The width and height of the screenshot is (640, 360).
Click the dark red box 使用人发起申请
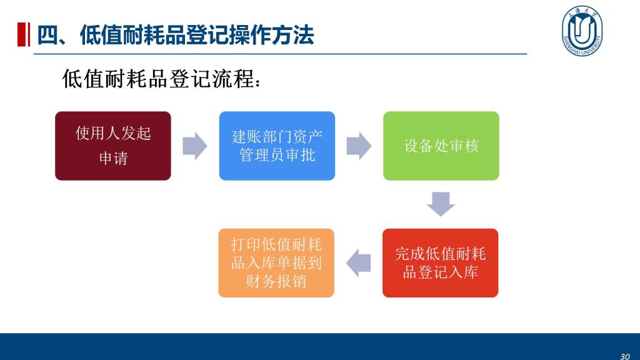[x=113, y=146]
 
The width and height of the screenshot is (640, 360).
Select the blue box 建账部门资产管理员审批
[x=277, y=146]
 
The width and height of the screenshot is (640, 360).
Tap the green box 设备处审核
[x=441, y=146]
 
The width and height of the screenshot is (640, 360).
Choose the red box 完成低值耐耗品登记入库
[x=441, y=263]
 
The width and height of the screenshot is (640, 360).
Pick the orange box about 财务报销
[x=276, y=263]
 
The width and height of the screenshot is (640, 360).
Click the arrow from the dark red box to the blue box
[x=195, y=146]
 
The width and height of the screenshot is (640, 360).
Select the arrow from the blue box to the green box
[x=359, y=146]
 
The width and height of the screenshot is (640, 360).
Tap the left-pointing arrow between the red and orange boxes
[x=358, y=263]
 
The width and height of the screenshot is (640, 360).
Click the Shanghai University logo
[x=582, y=31]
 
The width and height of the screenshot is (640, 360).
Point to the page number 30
[x=625, y=356]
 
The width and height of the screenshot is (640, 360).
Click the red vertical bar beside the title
[x=24, y=35]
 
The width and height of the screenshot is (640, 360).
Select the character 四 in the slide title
[x=47, y=35]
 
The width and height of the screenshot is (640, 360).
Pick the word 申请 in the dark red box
[x=114, y=158]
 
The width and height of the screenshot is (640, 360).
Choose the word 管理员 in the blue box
[x=262, y=155]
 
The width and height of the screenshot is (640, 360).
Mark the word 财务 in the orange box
[x=261, y=282]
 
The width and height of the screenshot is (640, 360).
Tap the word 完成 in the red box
[x=410, y=254]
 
